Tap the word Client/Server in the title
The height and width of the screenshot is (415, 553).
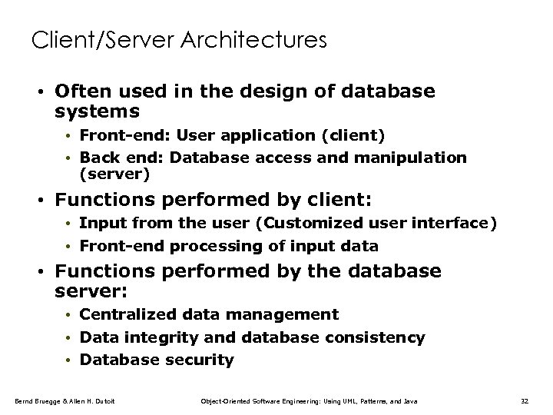coord(98,39)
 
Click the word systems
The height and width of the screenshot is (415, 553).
coord(98,112)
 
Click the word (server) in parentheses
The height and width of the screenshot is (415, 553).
coord(114,174)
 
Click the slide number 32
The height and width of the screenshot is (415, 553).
coord(525,401)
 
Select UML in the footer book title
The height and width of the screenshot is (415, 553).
coord(353,401)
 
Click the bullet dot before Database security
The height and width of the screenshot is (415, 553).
coord(68,360)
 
